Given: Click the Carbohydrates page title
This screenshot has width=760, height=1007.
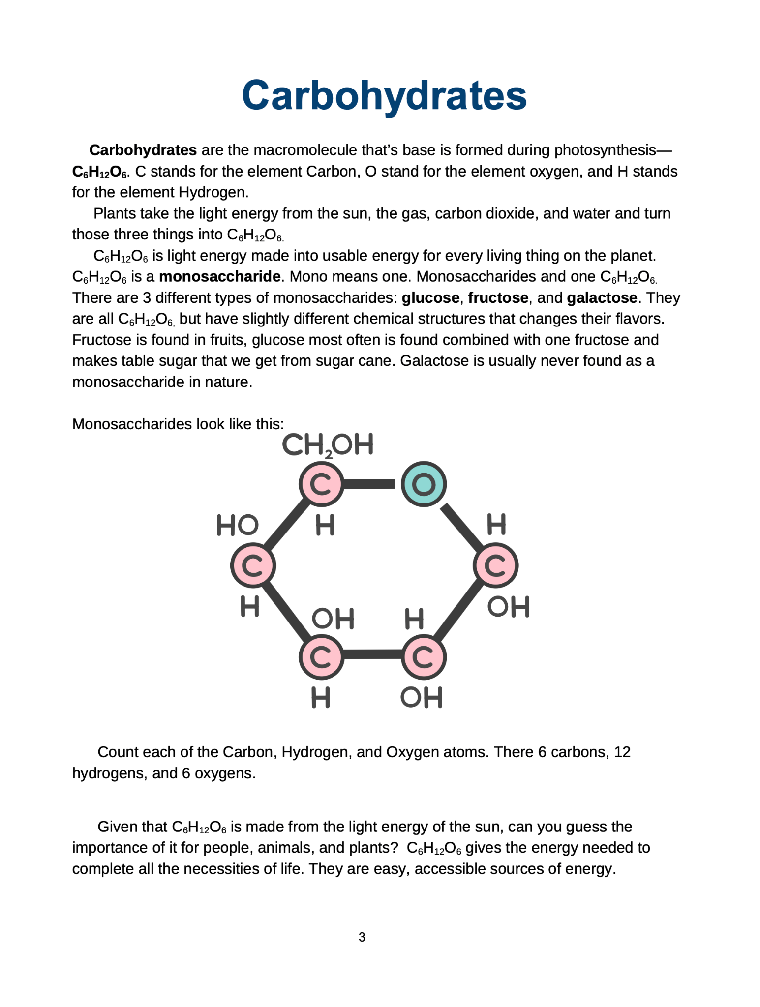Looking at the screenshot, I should [384, 95].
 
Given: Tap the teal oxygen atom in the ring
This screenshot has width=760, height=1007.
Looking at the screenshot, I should [423, 484].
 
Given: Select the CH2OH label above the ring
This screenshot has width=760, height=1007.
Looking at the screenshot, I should [328, 445].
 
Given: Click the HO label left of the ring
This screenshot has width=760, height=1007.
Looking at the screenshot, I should [238, 525].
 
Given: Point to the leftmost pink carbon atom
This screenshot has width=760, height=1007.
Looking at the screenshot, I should [253, 565].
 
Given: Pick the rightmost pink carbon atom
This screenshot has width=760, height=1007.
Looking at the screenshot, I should [495, 565].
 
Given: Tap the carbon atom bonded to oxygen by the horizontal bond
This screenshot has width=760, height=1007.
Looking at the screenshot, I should [321, 484].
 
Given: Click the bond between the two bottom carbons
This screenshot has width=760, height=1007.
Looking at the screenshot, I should [372, 654].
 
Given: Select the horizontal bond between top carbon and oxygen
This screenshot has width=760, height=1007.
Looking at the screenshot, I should [369, 484].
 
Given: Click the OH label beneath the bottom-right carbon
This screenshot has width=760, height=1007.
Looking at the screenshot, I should [422, 697].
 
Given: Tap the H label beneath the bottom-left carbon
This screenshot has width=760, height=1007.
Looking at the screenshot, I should [321, 697].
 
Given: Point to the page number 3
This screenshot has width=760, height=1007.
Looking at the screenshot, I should [362, 937].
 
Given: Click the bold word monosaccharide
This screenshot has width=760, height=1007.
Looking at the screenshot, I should [220, 276].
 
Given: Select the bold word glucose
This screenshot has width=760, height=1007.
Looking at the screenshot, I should [430, 297].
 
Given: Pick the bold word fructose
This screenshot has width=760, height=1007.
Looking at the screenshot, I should [498, 297].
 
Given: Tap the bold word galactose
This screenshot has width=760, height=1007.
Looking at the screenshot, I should [602, 297].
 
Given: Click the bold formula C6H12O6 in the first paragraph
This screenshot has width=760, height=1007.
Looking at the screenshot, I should [100, 172].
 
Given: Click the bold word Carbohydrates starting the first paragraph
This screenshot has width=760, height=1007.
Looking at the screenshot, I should [143, 150].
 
